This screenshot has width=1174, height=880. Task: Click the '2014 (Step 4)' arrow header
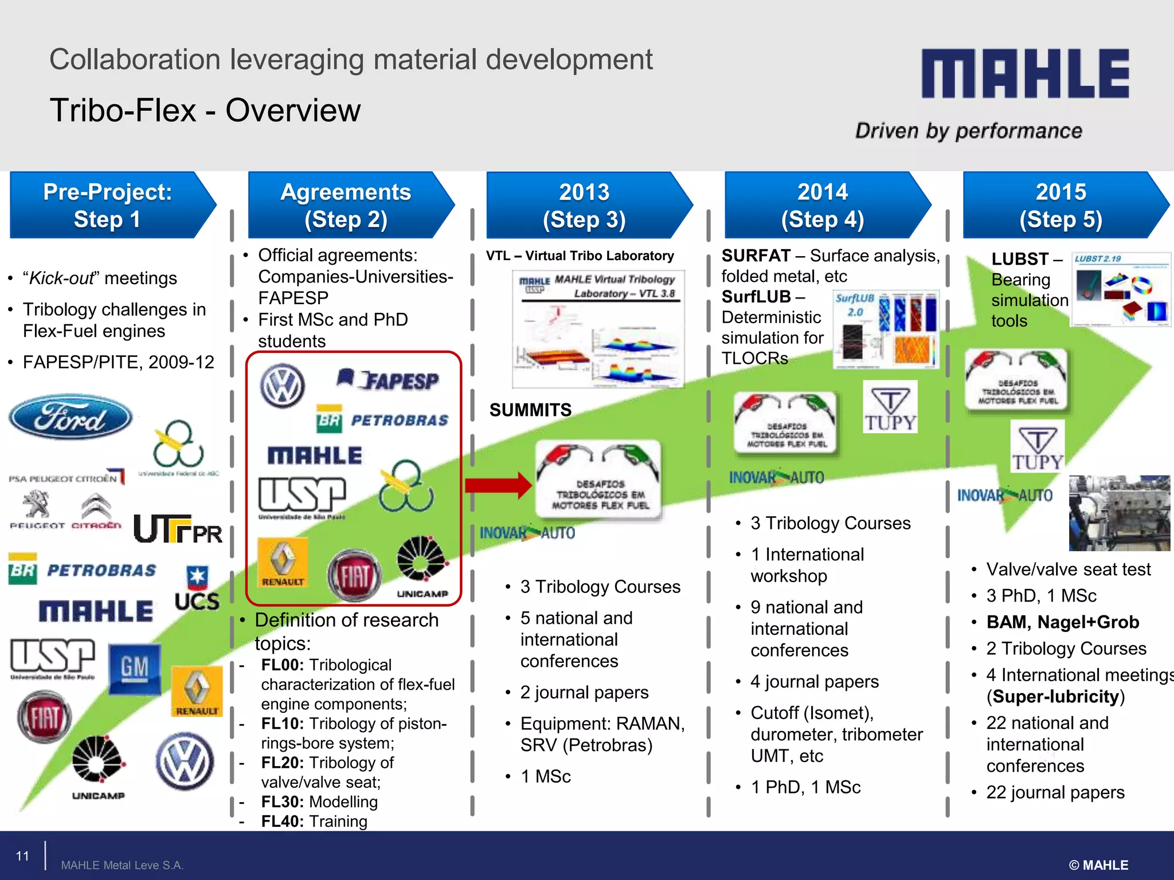coord(823,205)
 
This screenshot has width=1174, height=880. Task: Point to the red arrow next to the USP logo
coord(498,485)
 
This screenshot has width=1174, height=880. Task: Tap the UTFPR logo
coord(178,529)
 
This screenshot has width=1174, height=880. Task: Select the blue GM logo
coord(135,669)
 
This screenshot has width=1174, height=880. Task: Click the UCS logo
coord(197,590)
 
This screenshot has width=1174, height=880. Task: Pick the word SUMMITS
coord(530,410)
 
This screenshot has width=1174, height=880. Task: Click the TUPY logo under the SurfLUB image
coord(890,407)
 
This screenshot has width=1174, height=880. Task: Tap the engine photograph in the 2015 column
coord(1118,513)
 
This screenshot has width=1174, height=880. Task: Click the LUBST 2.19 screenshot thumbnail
coord(1120,289)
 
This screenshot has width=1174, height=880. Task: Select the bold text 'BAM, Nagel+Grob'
coord(1062,622)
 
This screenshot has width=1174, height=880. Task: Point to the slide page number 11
coord(22,856)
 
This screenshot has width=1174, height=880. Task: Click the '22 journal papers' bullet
coord(1055,792)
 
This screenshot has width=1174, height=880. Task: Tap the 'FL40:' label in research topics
coord(281,822)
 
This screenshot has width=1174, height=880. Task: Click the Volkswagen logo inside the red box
coord(282,386)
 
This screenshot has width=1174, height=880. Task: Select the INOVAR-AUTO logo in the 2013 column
coord(527,533)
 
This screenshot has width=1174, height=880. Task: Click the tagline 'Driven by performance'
coord(968,131)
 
